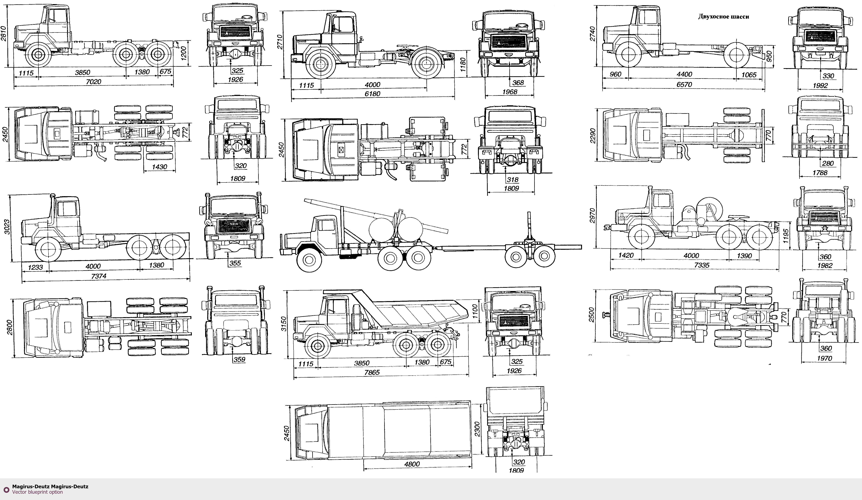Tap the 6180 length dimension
tap(372, 94)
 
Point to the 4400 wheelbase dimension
tap(684, 74)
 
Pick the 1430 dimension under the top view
tap(159, 167)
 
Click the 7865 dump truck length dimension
tap(372, 373)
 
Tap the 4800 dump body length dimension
tap(412, 464)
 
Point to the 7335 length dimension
tap(702, 265)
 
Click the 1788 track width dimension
tap(820, 173)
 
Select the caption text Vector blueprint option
tap(38, 492)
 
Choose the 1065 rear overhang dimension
tap(749, 74)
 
